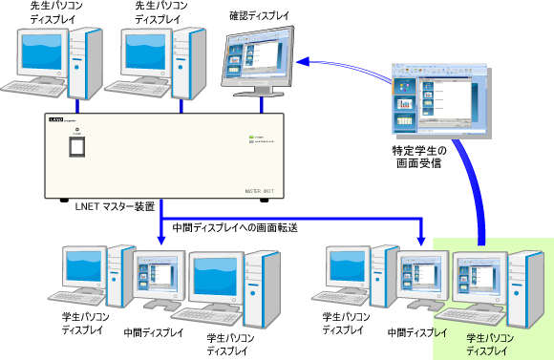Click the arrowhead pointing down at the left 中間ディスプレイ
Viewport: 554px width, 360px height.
160,242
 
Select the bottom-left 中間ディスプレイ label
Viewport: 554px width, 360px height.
154,333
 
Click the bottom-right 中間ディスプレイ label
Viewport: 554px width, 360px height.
416,333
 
